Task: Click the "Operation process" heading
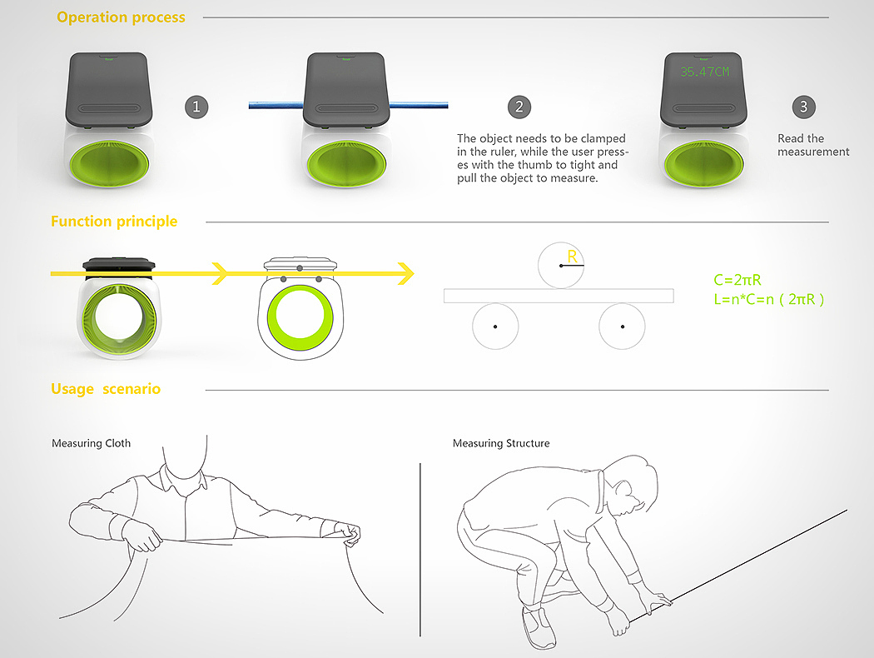[121, 17]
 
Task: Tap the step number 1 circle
[196, 107]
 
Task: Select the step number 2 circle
[519, 107]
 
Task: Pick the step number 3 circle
[803, 107]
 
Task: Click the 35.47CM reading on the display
[703, 72]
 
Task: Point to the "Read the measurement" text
[813, 145]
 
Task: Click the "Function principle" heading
[114, 222]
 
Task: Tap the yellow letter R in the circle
[572, 257]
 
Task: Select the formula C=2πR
[737, 281]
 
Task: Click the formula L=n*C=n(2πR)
[769, 299]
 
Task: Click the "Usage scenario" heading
[106, 389]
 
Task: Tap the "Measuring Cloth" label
[91, 443]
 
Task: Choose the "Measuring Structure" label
[501, 443]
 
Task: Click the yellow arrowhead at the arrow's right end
[406, 272]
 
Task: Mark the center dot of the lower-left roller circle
[494, 326]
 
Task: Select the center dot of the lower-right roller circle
[623, 326]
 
